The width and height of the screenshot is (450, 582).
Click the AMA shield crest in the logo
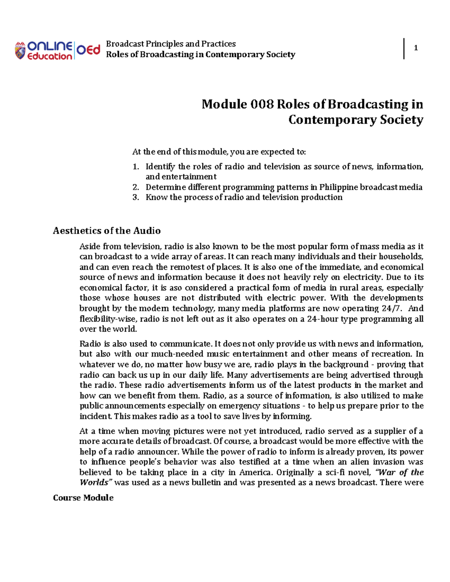[x=20, y=51]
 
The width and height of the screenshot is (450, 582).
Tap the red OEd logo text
[x=88, y=50]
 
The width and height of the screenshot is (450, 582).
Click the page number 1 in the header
[x=415, y=48]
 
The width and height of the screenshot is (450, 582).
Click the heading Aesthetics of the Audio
[x=107, y=231]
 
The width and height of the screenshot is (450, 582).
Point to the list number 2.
[x=136, y=187]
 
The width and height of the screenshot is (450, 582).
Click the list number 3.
[x=136, y=197]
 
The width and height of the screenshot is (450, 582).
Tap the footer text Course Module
[x=83, y=498]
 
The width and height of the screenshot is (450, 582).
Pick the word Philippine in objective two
[x=339, y=187]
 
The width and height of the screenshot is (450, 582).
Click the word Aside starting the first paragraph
[x=90, y=247]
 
